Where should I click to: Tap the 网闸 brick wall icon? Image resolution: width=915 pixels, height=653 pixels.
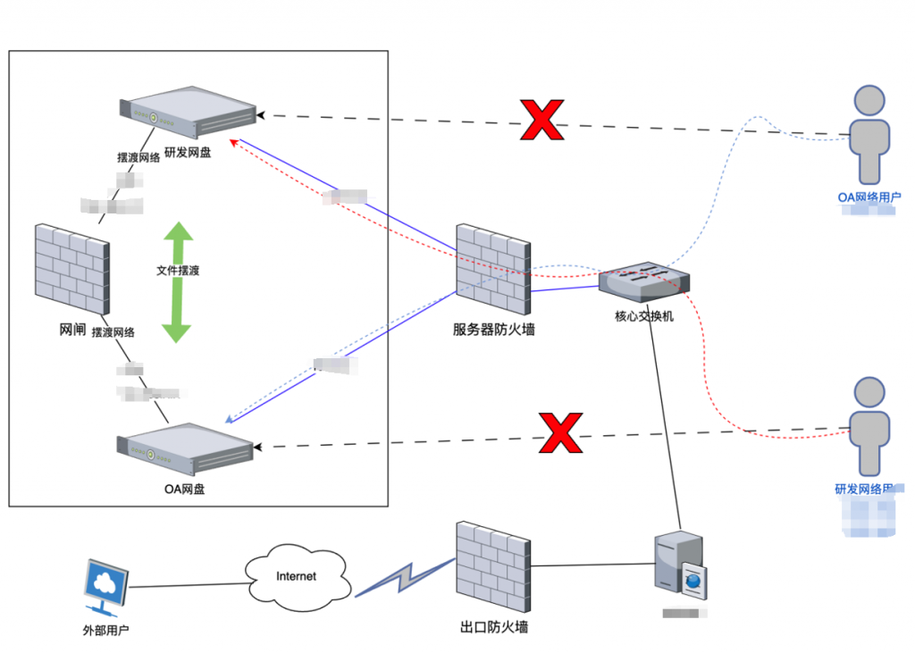click(71, 269)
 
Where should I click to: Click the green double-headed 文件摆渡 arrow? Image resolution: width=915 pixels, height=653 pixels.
click(177, 282)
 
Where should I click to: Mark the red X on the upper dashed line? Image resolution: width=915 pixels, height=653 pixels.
click(542, 120)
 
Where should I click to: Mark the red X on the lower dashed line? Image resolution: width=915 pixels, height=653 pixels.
click(560, 432)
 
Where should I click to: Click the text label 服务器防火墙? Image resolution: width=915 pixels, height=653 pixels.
click(493, 330)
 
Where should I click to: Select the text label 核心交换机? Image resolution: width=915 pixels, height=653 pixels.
click(644, 315)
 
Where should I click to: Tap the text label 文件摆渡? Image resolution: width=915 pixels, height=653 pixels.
click(178, 270)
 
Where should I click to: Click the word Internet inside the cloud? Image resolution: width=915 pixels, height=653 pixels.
click(296, 576)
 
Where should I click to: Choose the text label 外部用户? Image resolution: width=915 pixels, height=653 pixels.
click(105, 631)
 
